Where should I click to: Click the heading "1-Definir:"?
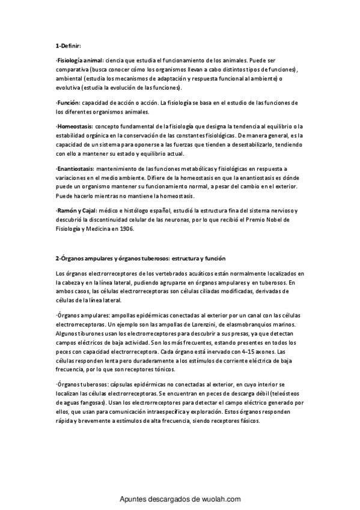pyautogui.click(x=67, y=46)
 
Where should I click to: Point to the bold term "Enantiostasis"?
pyautogui.click(x=76, y=170)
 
